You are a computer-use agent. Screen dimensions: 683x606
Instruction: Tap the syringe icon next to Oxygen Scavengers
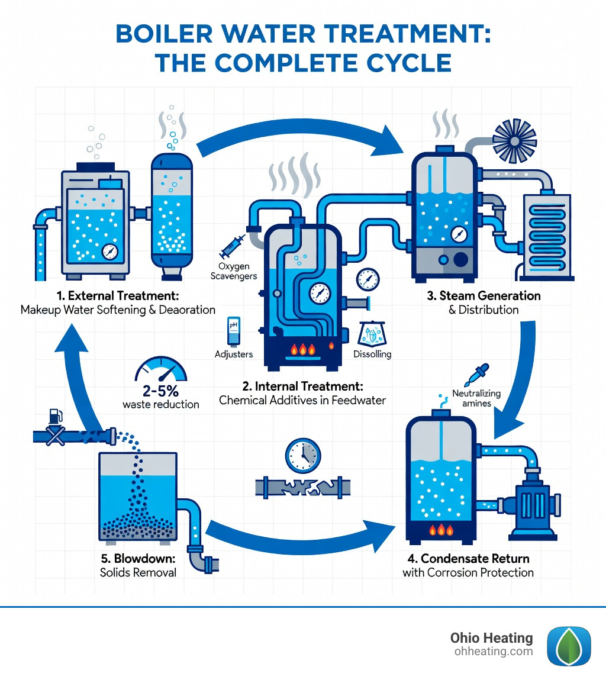tap(231, 244)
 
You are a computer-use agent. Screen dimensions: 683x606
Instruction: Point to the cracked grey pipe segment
tap(302, 487)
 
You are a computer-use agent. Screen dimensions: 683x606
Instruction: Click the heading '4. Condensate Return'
tap(468, 558)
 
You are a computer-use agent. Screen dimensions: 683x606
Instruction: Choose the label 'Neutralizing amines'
tap(476, 398)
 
